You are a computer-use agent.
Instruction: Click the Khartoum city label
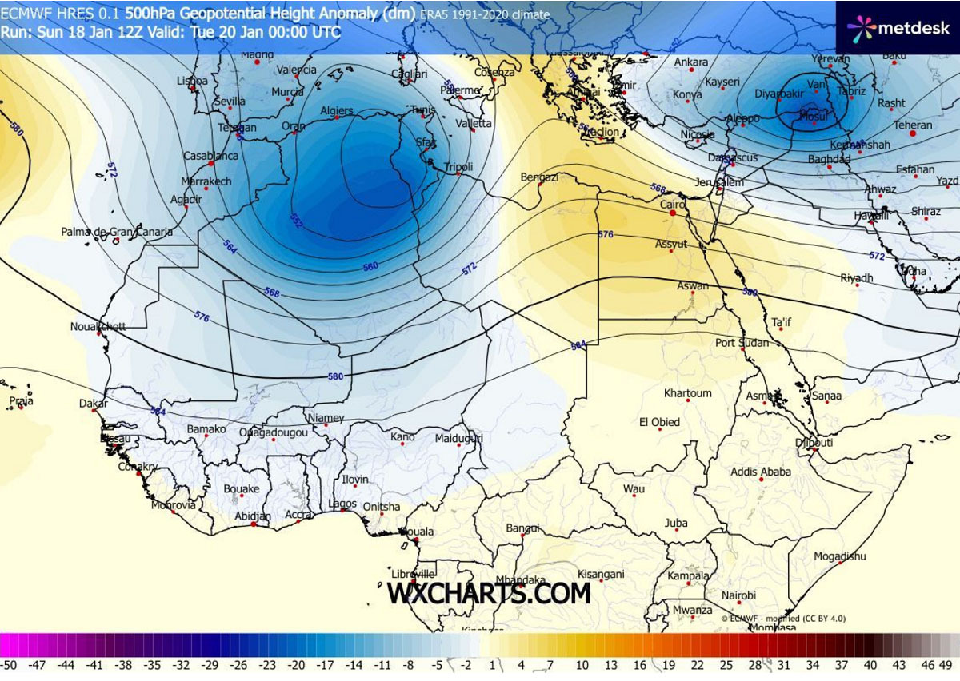687,393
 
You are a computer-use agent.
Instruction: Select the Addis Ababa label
760,472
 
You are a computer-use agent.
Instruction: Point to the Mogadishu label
840,556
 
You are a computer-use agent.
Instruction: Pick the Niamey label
326,418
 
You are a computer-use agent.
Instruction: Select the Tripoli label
458,167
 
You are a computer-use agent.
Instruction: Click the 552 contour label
297,221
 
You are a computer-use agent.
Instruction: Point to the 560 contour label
370,266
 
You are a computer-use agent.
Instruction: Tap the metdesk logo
898,28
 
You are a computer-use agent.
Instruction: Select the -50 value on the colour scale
9,664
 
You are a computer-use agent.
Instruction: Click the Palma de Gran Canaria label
117,232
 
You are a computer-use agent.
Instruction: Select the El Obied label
659,422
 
